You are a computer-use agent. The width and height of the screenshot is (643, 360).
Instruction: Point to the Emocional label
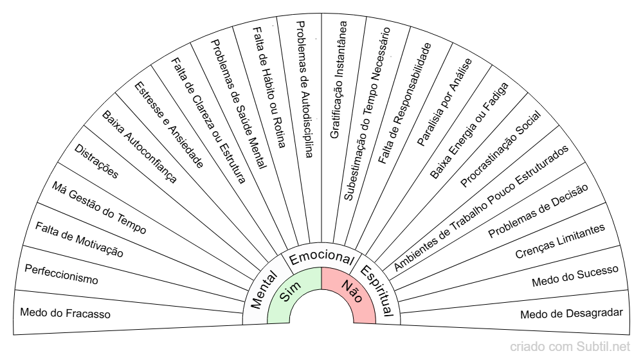pyautogui.click(x=321, y=256)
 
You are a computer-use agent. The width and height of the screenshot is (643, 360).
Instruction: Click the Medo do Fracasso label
pyautogui.click(x=66, y=314)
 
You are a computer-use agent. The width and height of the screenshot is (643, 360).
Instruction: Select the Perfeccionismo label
pyautogui.click(x=61, y=274)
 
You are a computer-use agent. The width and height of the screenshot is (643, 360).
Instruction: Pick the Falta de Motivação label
pyautogui.click(x=79, y=240)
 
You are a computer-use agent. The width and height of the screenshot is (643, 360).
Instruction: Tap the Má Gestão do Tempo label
pyautogui.click(x=100, y=208)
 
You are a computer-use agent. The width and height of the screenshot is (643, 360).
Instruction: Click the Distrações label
pyautogui.click(x=96, y=163)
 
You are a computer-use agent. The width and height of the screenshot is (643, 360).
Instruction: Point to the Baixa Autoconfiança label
pyautogui.click(x=139, y=147)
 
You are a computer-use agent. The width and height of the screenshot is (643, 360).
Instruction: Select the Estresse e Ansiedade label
pyautogui.click(x=169, y=125)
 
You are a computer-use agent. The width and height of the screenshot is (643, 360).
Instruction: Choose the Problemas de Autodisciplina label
pyautogui.click(x=304, y=89)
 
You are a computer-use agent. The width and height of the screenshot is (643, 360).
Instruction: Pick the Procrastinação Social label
pyautogui.click(x=501, y=148)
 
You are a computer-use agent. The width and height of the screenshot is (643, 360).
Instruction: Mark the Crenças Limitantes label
pyautogui.click(x=560, y=241)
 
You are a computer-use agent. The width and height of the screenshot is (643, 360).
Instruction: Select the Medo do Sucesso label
pyautogui.click(x=575, y=275)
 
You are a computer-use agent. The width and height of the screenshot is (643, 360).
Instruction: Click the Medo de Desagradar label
pyautogui.click(x=572, y=314)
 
